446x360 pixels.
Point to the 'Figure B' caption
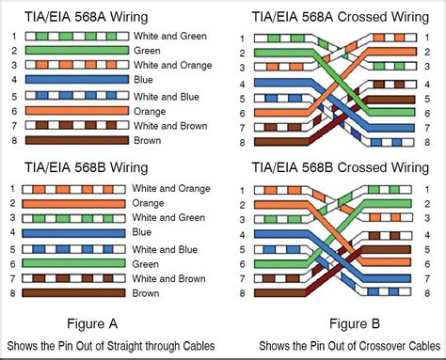coord(334,323)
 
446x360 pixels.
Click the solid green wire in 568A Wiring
coord(75,50)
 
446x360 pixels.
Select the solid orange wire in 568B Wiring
coord(75,202)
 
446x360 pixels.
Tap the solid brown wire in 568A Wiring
coord(75,141)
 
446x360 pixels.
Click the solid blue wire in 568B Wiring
coord(75,232)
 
